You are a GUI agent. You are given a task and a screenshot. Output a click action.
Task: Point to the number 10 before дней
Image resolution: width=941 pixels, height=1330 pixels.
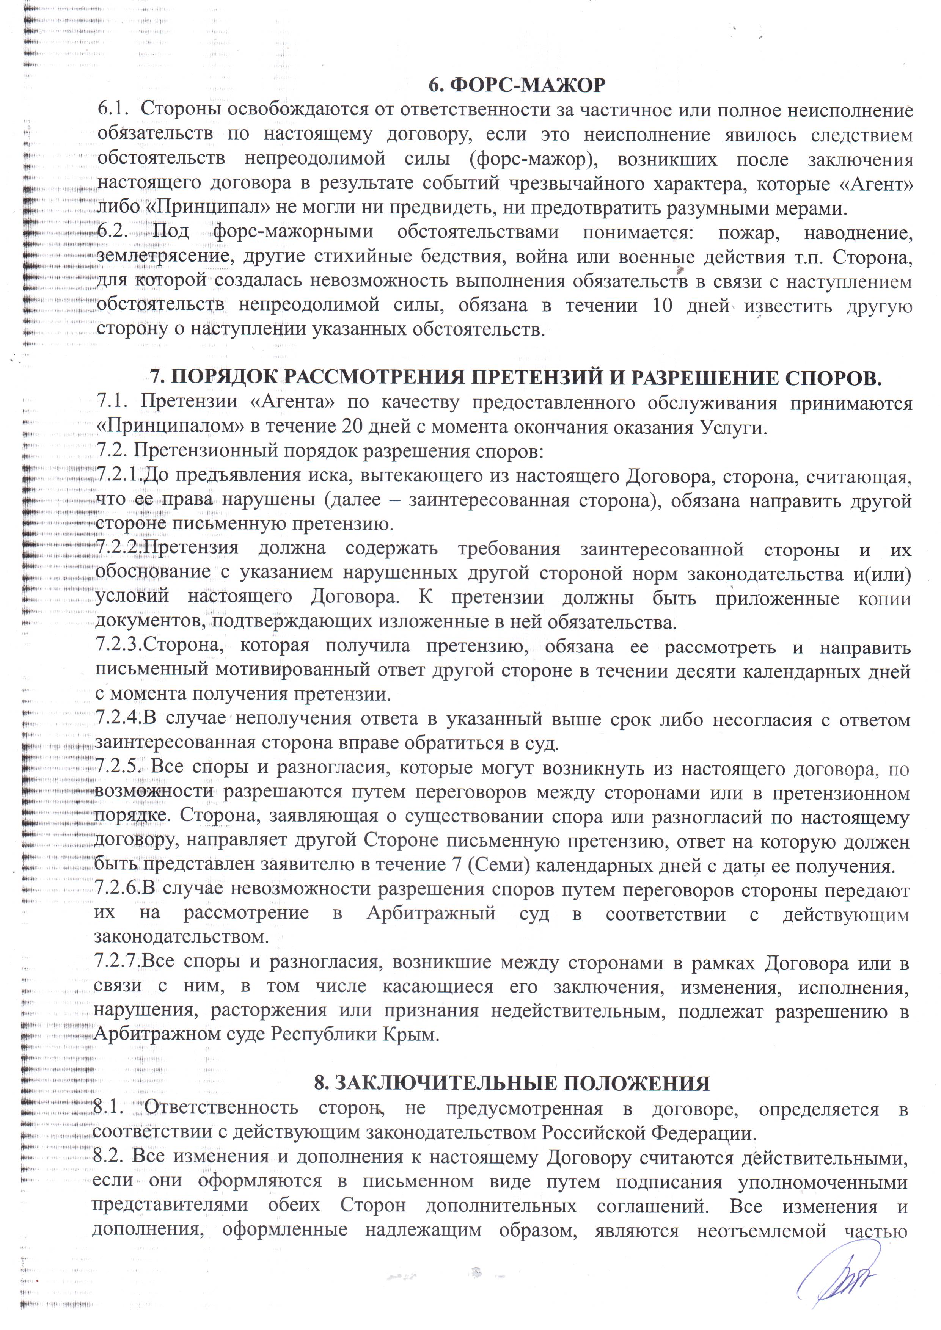point(662,305)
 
